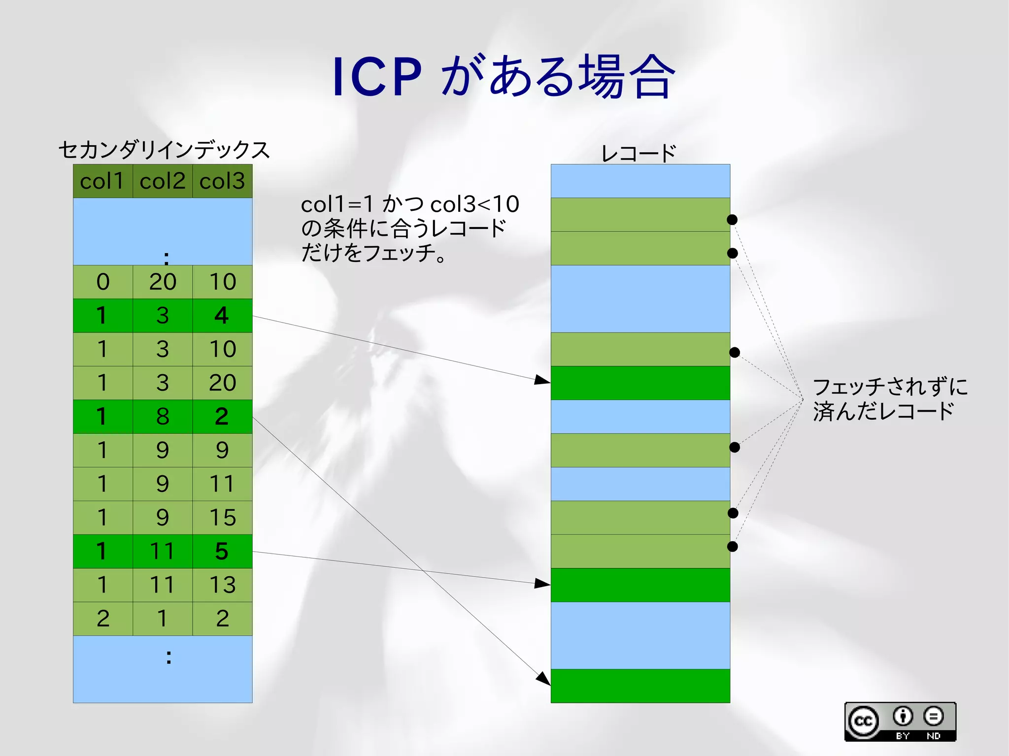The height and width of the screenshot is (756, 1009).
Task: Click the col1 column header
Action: coord(102,181)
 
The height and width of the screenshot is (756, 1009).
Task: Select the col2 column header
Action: coord(162,181)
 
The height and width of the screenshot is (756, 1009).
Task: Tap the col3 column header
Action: coord(222,181)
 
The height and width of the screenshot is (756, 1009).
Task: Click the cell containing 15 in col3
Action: coord(222,518)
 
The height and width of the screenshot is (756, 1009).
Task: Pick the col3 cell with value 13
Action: coord(222,585)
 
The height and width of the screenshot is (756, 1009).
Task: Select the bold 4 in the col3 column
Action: coord(222,316)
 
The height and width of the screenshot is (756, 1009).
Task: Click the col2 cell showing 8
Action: coord(162,417)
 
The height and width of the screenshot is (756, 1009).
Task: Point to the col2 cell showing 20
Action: coord(162,282)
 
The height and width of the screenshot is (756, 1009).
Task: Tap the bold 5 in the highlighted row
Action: coord(222,551)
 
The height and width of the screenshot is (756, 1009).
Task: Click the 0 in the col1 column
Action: coord(102,282)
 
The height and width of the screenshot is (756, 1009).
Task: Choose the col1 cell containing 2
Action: coord(102,619)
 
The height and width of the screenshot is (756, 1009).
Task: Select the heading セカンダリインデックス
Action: coord(164,150)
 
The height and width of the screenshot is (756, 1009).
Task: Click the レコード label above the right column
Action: coord(639,153)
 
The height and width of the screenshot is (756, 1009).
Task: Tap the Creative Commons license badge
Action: coord(900,722)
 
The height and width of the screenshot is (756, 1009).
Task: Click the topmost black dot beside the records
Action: coord(732,220)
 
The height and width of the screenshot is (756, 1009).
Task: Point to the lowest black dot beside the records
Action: coord(733,546)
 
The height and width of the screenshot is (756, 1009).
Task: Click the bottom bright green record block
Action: coord(640,686)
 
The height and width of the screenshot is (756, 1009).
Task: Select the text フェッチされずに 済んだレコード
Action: coord(889,399)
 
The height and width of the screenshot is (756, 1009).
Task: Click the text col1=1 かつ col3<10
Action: coord(410,204)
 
